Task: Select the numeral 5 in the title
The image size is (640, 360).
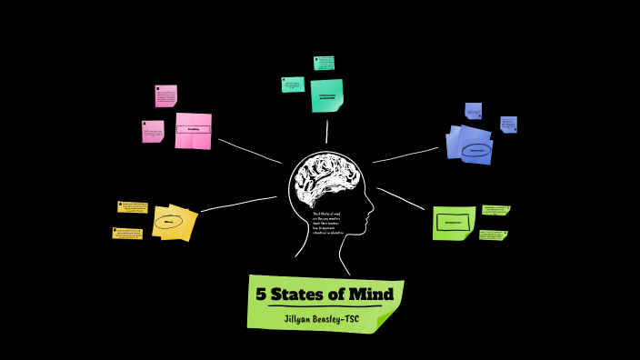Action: pos(262,295)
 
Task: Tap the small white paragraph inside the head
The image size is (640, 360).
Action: pos(332,223)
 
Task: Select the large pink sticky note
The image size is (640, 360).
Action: pos(193,130)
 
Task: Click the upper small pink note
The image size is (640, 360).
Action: pos(165,95)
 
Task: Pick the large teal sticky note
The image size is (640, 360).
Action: pos(326,95)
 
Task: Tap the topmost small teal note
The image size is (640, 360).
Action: pos(325,63)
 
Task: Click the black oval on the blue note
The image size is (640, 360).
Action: pos(475,150)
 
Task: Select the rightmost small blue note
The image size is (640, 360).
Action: pos(508,125)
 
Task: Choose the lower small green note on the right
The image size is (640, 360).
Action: pos(493,235)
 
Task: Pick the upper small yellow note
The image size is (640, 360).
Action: pos(133,207)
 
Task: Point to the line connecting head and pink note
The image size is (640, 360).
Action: pos(249,151)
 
